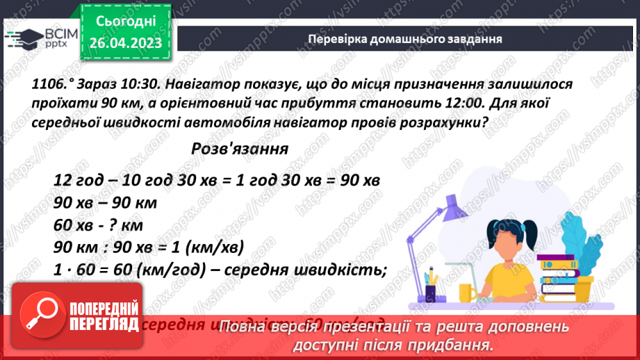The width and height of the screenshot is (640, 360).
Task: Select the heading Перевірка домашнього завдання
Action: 404,39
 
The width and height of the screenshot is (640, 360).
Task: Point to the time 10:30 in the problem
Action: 137,84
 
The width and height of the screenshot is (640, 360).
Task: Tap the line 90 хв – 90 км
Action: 105,203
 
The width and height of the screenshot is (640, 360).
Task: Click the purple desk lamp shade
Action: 454,208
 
